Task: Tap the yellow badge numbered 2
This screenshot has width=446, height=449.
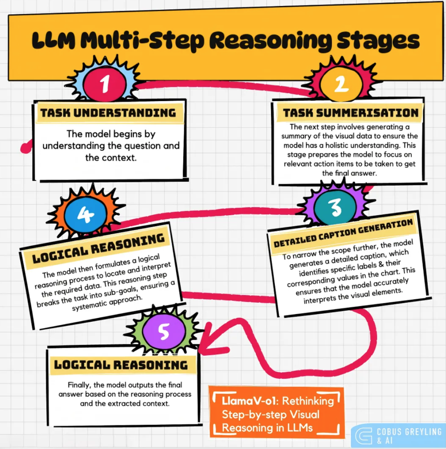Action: point(341,84)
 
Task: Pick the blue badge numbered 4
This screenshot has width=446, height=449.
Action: point(86,214)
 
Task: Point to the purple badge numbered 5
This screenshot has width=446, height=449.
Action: point(164,332)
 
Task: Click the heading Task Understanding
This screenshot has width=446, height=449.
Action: point(108,113)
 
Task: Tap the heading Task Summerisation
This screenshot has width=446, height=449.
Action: point(350,113)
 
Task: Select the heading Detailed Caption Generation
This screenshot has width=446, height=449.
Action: point(343,233)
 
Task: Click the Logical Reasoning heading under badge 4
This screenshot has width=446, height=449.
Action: point(98,248)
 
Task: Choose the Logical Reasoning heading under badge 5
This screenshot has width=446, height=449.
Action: point(121,365)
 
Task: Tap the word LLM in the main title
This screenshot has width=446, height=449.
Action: point(54,41)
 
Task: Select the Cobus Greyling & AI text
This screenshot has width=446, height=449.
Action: point(409,436)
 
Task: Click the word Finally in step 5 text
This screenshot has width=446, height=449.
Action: point(79,385)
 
